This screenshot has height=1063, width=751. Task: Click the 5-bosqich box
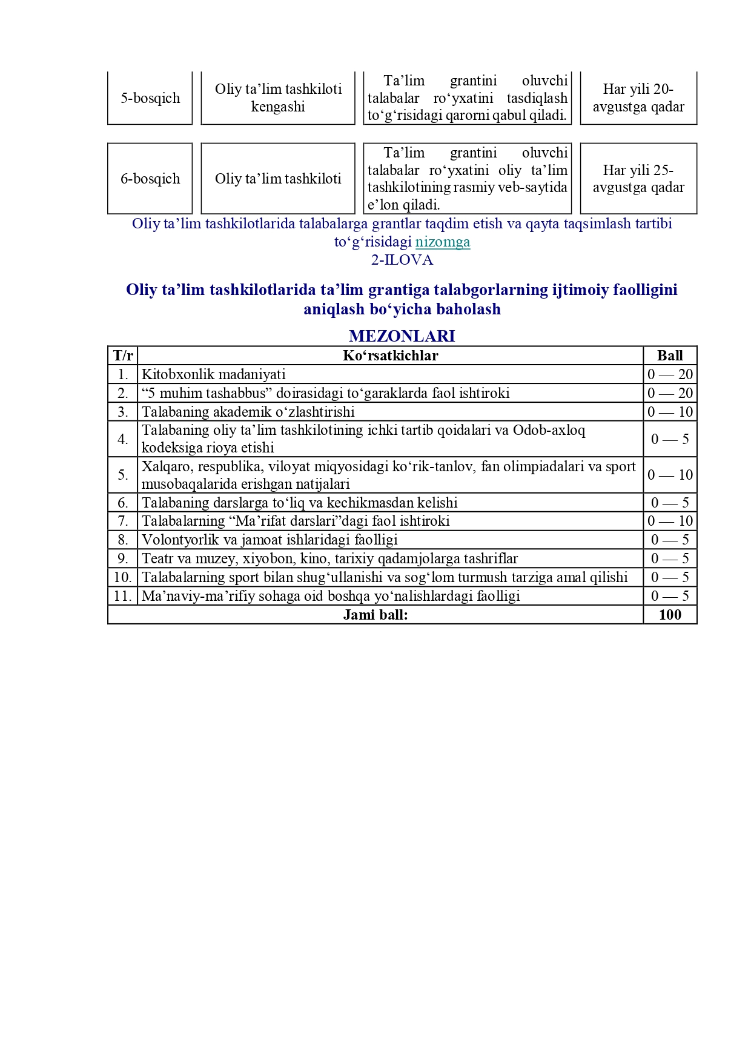pos(150,98)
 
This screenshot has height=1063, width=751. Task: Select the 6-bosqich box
pos(150,179)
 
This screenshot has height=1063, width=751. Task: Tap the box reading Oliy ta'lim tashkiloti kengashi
pos(278,98)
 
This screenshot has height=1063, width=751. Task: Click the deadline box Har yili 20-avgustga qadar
pos(638,98)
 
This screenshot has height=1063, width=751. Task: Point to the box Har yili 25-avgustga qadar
pos(638,179)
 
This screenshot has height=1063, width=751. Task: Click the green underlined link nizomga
pos(443,242)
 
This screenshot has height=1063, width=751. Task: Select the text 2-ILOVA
pos(402,260)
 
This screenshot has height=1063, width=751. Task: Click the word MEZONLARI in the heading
pos(402,336)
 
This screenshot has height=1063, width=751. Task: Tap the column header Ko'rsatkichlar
pos(390,356)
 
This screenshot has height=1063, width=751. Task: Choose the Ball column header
pos(670,356)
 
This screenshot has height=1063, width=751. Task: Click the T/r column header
pos(123,356)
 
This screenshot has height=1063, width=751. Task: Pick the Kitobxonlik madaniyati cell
pos(213,374)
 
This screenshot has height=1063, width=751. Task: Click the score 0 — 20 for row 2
pos(670,393)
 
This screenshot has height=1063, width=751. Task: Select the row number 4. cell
pos(123,439)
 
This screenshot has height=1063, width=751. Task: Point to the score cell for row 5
pos(670,475)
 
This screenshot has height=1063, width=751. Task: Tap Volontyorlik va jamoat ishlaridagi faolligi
pos(270,540)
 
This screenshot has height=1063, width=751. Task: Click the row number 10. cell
pos(123,577)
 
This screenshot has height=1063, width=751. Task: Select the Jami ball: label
pos(375,615)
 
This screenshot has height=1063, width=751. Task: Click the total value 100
pos(670,615)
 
